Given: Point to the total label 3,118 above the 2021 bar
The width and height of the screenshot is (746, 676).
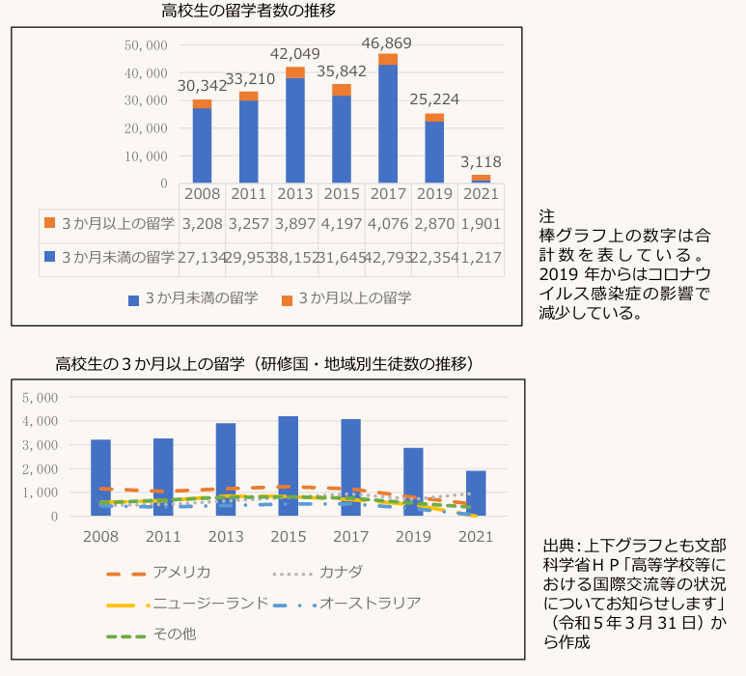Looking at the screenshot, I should tap(481, 162).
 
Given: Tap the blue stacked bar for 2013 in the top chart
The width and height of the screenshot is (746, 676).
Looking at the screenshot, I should tap(294, 130).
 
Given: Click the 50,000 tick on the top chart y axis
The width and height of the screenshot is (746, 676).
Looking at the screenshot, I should tap(147, 45).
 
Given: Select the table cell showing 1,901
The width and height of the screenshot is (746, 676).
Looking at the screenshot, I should tap(480, 223).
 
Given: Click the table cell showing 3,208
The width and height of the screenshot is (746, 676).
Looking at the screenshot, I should tap(202, 223).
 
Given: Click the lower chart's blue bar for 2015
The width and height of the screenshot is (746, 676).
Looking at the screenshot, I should tap(288, 465).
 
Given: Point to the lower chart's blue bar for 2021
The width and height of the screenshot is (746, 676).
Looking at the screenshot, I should tap(476, 493).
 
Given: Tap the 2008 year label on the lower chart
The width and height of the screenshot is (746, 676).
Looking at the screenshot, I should tap(101, 536).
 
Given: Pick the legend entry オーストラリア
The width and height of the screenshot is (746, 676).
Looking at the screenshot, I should tap(371, 604).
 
